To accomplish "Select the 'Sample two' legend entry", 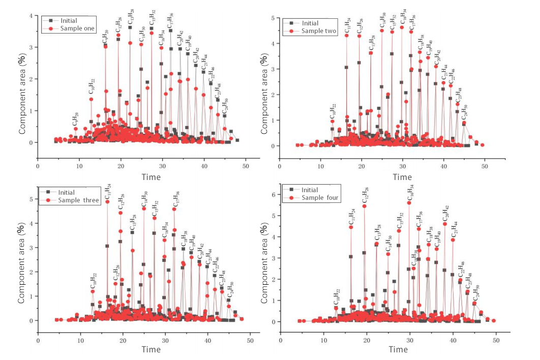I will click(x=319, y=32).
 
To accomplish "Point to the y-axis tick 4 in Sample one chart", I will click(x=32, y=16).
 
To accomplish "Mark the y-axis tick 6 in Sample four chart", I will click(x=273, y=195).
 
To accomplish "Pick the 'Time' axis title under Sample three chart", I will click(x=151, y=349).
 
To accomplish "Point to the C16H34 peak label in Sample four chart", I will click(x=410, y=193).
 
